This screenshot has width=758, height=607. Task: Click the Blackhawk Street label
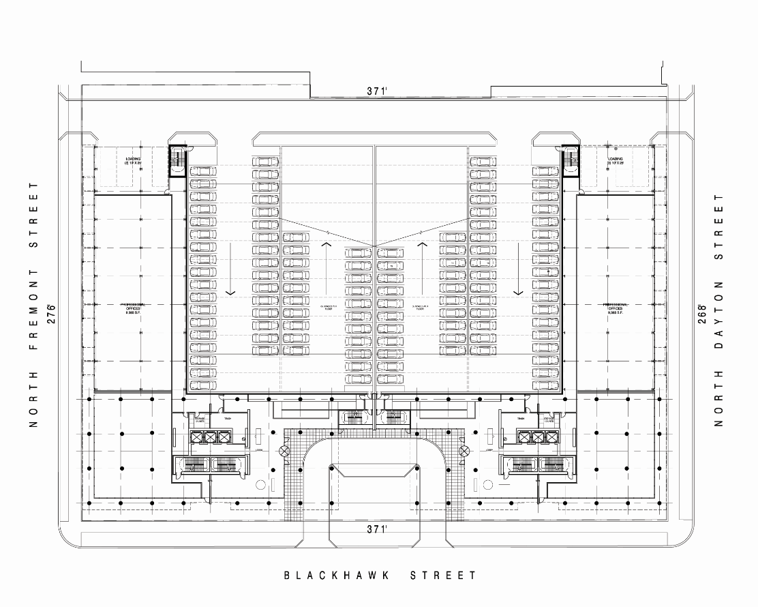380,576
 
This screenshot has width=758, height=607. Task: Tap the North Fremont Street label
32,305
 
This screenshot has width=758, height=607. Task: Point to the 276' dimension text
50,313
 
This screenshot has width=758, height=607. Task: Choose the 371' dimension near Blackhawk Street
375,529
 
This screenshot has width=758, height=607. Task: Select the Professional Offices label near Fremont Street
132,308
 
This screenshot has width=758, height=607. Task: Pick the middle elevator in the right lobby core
539,437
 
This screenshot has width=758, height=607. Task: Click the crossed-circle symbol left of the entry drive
284,450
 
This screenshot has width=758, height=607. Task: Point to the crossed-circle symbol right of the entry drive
465,450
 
